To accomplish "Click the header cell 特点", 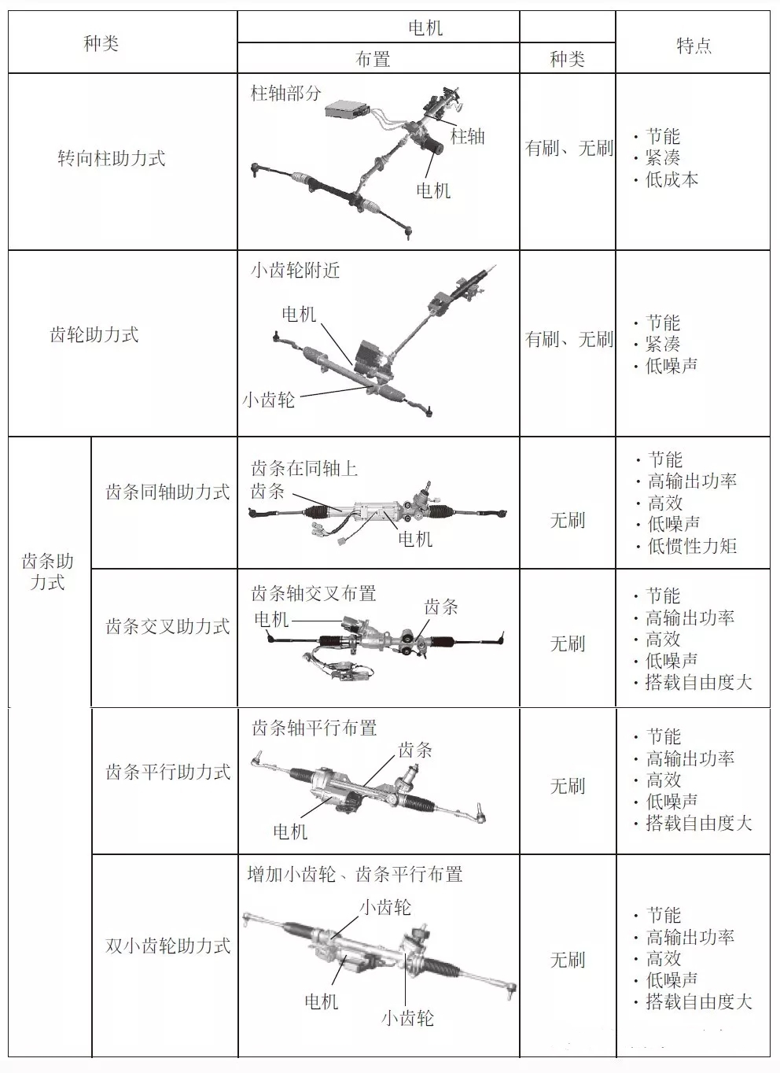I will (x=694, y=46).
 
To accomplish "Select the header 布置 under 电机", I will (x=373, y=59).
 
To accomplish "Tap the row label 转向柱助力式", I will (x=112, y=158).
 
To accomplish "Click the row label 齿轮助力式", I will (x=94, y=334).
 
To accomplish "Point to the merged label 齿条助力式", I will (x=47, y=572).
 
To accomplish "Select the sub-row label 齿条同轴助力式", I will (x=167, y=492).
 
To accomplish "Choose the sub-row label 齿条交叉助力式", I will (x=167, y=627).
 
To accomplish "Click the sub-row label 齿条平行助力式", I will (x=167, y=772).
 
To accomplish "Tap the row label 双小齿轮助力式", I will (x=167, y=946).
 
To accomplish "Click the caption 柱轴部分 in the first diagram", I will (x=286, y=94).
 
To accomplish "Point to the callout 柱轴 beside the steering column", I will (x=467, y=137).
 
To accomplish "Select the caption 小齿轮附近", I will (x=296, y=271).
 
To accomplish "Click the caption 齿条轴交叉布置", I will (x=314, y=594).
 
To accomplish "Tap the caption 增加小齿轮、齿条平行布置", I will (x=355, y=875).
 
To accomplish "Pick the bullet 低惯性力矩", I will (x=692, y=546).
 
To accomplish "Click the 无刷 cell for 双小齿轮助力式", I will (x=567, y=960).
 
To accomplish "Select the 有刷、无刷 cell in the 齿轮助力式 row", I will (x=568, y=339).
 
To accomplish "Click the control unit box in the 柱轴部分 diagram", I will (x=348, y=110).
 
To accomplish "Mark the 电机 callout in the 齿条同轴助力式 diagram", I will (x=415, y=539).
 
